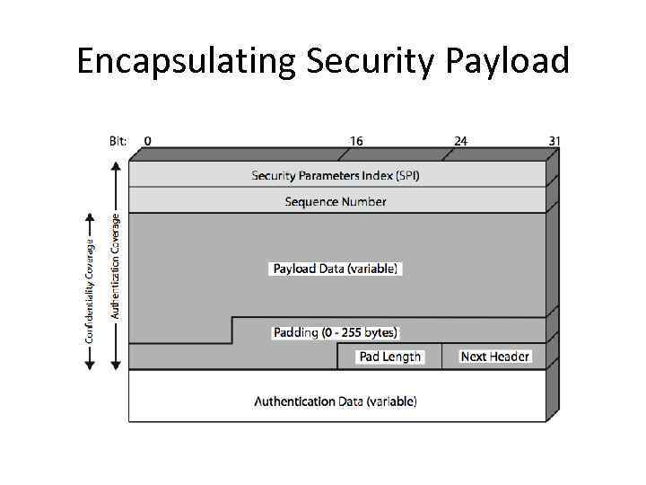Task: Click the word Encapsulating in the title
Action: click(x=187, y=61)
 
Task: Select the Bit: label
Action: click(x=118, y=141)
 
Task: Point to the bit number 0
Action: click(x=147, y=141)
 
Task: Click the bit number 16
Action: click(x=356, y=141)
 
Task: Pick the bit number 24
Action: click(x=460, y=141)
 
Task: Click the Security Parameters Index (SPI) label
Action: click(x=336, y=175)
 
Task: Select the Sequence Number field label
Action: click(x=336, y=201)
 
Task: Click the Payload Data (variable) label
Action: click(x=336, y=269)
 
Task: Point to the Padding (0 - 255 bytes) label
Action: click(x=336, y=332)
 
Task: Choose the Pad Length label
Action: click(x=389, y=357)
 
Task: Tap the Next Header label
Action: click(x=494, y=357)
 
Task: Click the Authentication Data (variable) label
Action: click(x=336, y=401)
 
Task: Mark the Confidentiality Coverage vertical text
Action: click(x=90, y=289)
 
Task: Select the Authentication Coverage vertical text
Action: click(x=115, y=265)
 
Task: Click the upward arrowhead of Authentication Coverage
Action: click(x=115, y=167)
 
